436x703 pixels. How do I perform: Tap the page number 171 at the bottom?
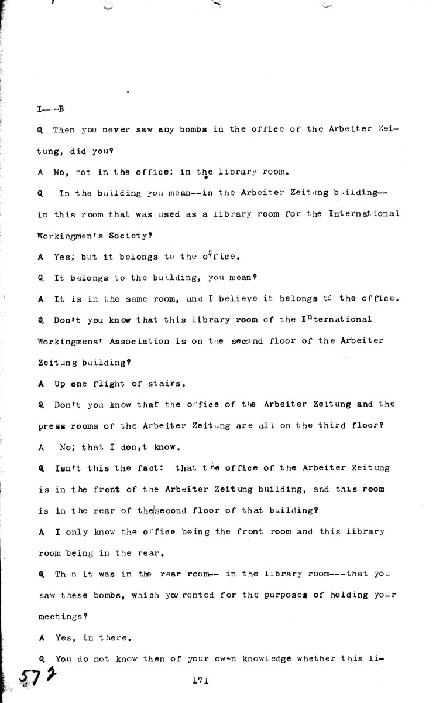[200, 680]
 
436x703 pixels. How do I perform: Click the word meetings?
[61, 616]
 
